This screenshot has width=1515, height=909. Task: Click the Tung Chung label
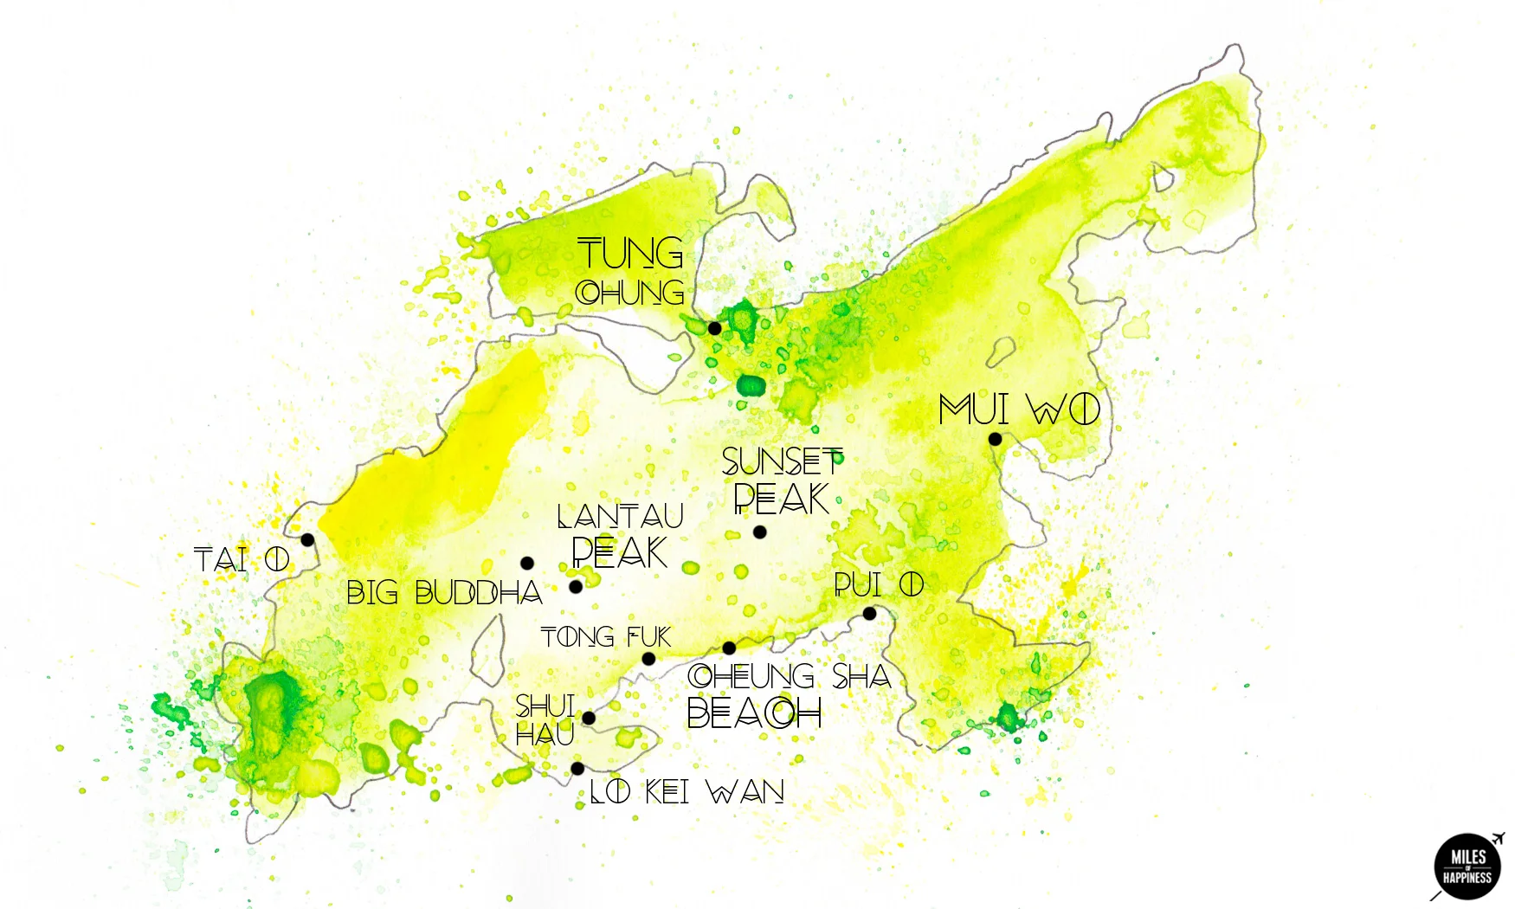click(630, 272)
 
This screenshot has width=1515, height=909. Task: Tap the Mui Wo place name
click(1019, 409)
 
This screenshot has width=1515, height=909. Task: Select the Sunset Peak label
click(782, 481)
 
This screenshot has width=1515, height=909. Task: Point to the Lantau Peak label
click(620, 536)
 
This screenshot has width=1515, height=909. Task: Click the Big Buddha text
click(444, 593)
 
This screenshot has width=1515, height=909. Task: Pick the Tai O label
click(242, 560)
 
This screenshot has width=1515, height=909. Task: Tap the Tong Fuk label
click(606, 638)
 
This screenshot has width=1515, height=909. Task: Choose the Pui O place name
click(879, 585)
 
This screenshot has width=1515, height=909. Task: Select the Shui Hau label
click(545, 720)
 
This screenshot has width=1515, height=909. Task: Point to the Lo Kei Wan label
click(687, 791)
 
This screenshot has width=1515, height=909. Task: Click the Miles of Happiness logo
click(1467, 867)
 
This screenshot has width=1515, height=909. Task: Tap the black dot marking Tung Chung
click(715, 328)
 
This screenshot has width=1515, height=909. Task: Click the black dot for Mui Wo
click(995, 439)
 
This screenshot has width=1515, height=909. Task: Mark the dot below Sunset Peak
click(759, 532)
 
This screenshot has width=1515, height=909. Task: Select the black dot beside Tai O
click(307, 540)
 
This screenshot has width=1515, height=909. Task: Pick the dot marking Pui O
click(869, 614)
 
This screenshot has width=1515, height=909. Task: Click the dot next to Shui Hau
click(589, 718)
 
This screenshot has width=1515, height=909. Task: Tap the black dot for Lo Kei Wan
click(577, 769)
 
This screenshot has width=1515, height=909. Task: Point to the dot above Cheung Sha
click(729, 648)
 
